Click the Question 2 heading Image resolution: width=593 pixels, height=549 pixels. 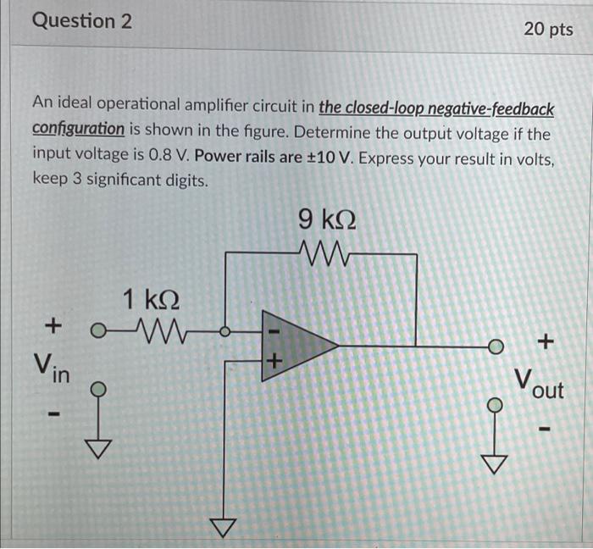[82, 21]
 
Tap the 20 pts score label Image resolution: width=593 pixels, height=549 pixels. [548, 29]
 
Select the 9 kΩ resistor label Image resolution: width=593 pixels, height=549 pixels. [327, 220]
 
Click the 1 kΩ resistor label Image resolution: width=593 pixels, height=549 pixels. [152, 299]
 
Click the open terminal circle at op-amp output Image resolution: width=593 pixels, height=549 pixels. [496, 347]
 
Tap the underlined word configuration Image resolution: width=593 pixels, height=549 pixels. [79, 129]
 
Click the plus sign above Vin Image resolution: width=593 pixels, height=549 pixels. [53, 324]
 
